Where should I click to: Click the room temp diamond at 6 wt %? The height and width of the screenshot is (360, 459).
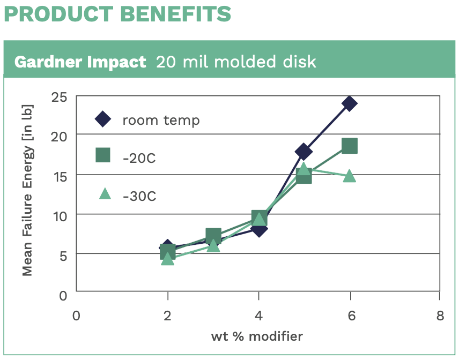(x=349, y=103)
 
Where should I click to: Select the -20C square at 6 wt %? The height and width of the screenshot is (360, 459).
(x=350, y=146)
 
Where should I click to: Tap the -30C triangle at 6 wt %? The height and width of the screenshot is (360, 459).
(x=349, y=176)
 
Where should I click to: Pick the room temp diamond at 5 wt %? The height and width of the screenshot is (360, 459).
(x=303, y=151)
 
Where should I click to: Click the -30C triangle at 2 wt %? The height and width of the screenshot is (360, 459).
(x=167, y=259)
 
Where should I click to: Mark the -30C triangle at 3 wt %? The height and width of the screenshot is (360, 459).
(x=213, y=245)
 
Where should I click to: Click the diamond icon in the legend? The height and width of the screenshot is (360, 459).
(x=103, y=119)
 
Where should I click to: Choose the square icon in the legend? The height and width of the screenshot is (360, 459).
(x=103, y=155)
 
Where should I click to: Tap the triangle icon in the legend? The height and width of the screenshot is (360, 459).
(x=105, y=193)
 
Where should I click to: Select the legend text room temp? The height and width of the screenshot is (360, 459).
(x=161, y=120)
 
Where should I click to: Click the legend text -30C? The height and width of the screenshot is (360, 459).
(x=139, y=196)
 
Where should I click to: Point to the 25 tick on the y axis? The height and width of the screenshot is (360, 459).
(x=59, y=97)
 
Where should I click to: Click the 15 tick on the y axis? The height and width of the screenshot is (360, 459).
(x=60, y=176)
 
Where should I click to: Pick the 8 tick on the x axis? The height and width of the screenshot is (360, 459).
(x=440, y=316)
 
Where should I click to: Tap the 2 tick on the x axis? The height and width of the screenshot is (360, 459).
(x=167, y=316)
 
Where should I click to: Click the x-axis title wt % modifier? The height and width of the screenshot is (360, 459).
(x=257, y=336)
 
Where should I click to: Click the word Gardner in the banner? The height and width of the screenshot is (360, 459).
(x=48, y=62)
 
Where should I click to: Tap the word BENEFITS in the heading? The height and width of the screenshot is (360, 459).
(x=176, y=14)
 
